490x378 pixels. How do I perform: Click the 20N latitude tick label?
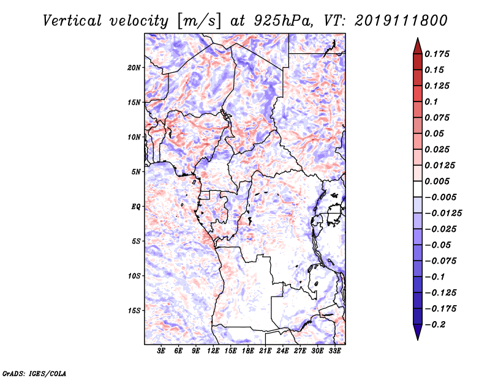pyautogui.click(x=134, y=68)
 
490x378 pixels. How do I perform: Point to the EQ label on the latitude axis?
pyautogui.click(x=135, y=207)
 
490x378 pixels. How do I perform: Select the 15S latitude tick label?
pyautogui.click(x=134, y=311)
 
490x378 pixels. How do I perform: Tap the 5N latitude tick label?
pyautogui.click(x=136, y=172)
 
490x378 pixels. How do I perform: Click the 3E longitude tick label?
pyautogui.click(x=161, y=351)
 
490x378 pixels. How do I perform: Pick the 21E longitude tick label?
pyautogui.click(x=265, y=351)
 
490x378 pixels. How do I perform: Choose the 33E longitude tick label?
pyautogui.click(x=334, y=351)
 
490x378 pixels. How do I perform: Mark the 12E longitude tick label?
pyautogui.click(x=213, y=351)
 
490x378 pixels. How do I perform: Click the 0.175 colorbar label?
pyautogui.click(x=437, y=54)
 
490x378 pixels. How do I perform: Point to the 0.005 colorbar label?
pyautogui.click(x=437, y=181)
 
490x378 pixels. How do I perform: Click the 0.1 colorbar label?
pyautogui.click(x=431, y=102)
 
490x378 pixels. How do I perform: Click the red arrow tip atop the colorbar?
pyautogui.click(x=418, y=39)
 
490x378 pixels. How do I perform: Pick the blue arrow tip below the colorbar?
pyautogui.click(x=418, y=339)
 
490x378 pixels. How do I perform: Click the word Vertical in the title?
pyautogui.click(x=72, y=21)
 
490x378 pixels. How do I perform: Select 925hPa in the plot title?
pyautogui.click(x=284, y=21)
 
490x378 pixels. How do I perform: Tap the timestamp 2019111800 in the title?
pyautogui.click(x=401, y=21)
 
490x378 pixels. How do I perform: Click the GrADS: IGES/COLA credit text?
pyautogui.click(x=34, y=374)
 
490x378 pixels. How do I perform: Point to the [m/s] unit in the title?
pyautogui.click(x=199, y=21)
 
